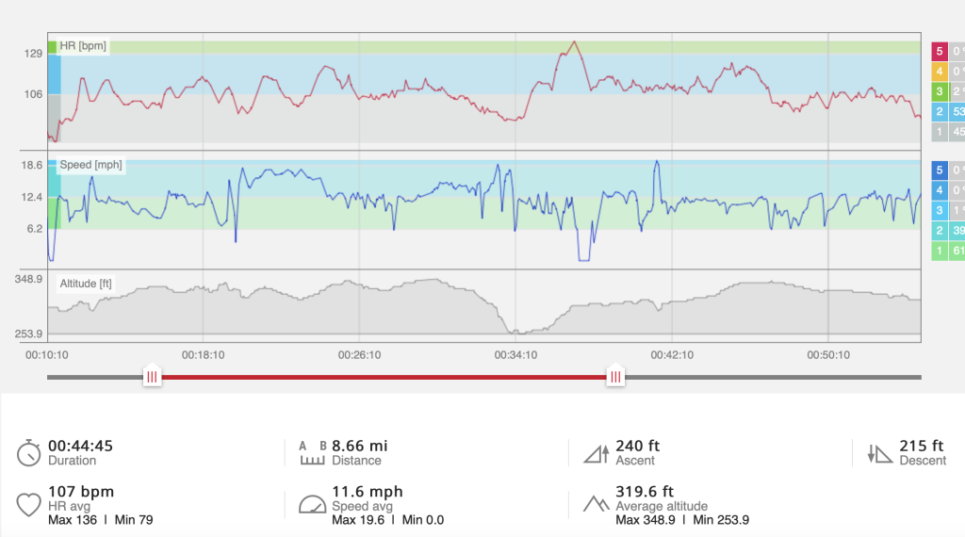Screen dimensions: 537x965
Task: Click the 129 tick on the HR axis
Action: point(32,54)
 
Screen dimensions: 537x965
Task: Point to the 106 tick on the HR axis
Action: point(32,94)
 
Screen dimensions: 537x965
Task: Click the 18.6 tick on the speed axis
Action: point(32,166)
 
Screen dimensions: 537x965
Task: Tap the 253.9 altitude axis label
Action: point(28,334)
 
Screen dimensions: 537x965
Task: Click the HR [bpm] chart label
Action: point(83,45)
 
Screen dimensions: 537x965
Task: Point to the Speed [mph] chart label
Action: point(90,165)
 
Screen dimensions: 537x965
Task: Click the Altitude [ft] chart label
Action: point(86,283)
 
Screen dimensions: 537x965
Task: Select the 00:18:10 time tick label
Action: point(204,355)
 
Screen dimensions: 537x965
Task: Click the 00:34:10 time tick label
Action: point(515,355)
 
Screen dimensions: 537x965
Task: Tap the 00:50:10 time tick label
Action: point(827,355)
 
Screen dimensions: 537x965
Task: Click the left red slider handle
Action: point(152,377)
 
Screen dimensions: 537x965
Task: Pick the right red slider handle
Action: point(615,377)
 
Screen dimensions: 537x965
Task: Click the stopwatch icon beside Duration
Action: point(28,452)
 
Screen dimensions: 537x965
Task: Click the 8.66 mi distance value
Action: point(359,446)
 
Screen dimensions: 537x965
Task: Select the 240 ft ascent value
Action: point(637,446)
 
